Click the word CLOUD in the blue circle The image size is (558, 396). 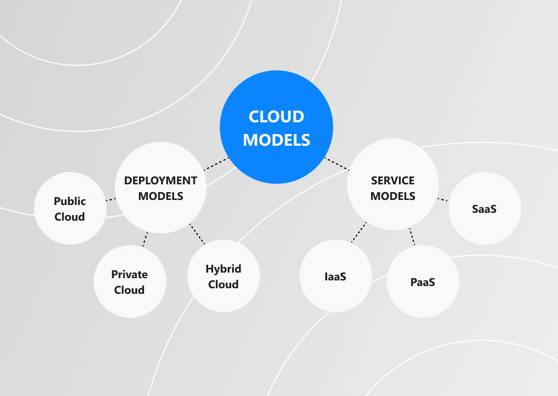point(276,117)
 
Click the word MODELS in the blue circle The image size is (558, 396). point(276,140)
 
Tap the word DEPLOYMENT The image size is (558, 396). point(161,180)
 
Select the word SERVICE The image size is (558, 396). point(393,180)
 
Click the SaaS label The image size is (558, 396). point(484,209)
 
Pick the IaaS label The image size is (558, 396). point(335,276)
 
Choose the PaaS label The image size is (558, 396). point(422,282)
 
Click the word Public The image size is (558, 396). point(70,201)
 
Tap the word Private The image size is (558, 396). point(129,274)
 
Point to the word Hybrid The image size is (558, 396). point(223,269)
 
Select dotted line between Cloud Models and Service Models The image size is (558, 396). point(336,164)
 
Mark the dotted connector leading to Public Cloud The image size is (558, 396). point(110,199)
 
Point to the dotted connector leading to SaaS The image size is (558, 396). point(442,199)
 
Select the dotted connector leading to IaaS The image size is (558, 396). point(359,232)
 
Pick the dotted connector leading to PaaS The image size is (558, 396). point(412,237)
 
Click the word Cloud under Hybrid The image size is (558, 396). point(223,284)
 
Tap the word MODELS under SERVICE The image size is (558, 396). point(393,196)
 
